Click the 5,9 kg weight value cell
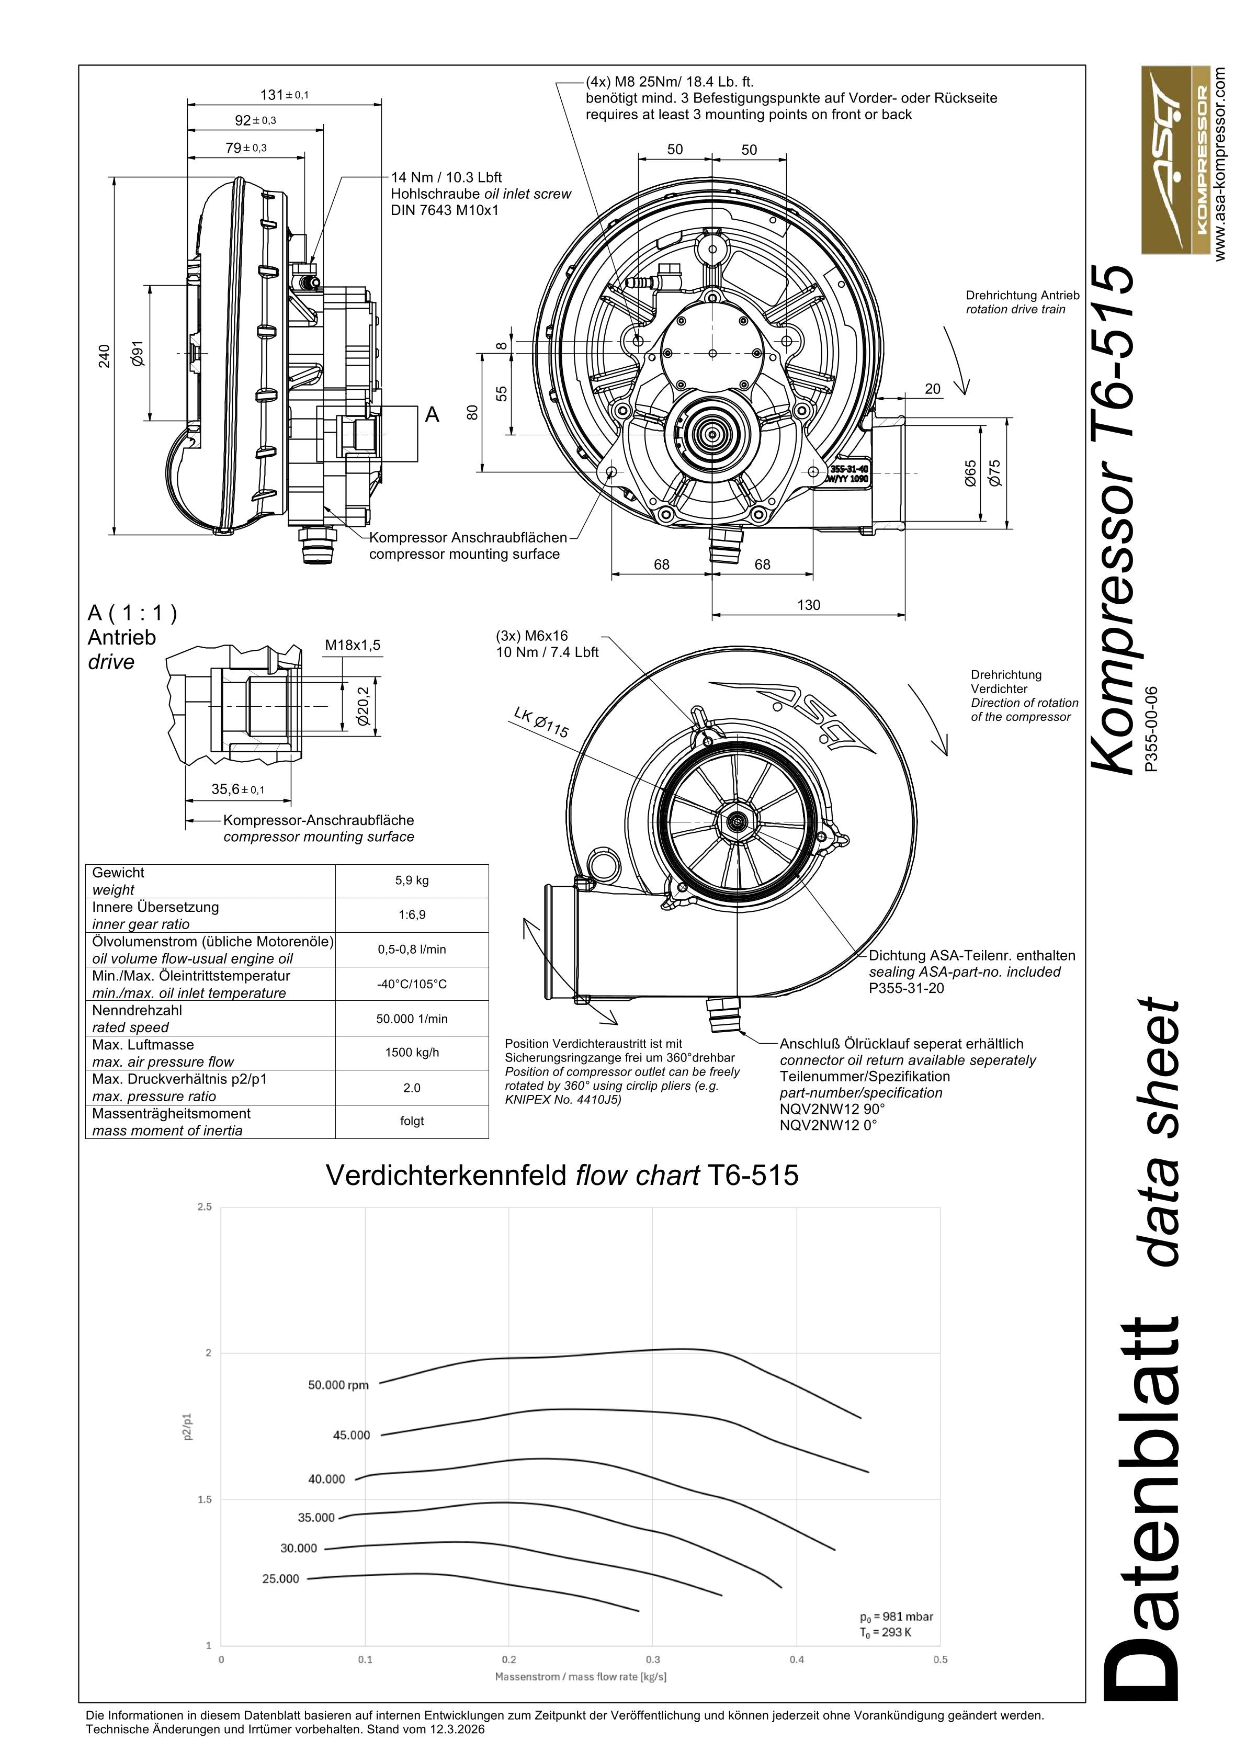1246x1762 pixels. point(412,880)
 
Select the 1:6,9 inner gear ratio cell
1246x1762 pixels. point(412,915)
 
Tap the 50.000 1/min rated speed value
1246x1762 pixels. point(412,1019)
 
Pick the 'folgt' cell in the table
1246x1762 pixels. point(412,1121)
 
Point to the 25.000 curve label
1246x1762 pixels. point(281,1578)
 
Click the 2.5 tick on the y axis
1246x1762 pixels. point(204,1207)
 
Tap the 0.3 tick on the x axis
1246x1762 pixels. point(653,1659)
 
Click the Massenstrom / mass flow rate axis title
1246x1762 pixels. point(581,1676)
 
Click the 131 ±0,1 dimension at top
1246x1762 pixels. point(284,95)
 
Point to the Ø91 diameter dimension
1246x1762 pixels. point(138,354)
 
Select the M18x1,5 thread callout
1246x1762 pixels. point(352,646)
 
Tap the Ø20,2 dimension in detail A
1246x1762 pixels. point(363,706)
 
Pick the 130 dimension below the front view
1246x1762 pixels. point(809,605)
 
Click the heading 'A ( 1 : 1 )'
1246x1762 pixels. point(132,613)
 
